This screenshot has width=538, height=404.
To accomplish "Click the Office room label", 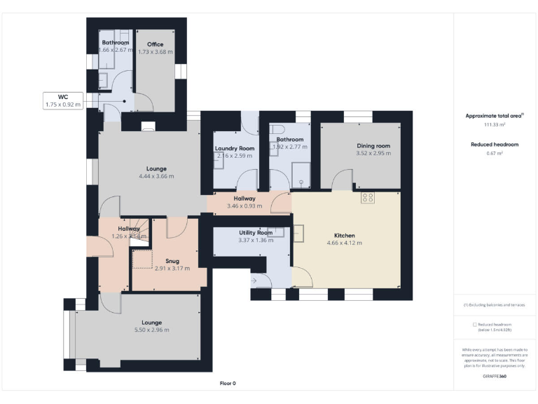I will [155, 44].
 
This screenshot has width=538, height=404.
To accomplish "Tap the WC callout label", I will [63, 97].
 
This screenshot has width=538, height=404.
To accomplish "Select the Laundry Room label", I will [234, 148].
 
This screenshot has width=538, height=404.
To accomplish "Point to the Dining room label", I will [373, 145].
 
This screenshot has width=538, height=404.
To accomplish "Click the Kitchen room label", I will [344, 235].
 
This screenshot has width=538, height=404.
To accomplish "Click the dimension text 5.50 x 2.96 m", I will [151, 330].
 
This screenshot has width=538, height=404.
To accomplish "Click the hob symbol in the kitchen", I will [368, 198].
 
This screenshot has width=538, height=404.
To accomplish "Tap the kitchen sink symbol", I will [300, 231].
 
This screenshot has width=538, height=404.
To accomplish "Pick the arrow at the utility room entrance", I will [254, 281].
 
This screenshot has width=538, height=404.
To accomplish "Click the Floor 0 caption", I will [228, 384].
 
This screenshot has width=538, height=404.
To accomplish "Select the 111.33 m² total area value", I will [495, 124].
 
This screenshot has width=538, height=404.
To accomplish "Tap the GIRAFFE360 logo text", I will [495, 377].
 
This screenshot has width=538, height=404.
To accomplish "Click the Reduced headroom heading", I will [495, 144].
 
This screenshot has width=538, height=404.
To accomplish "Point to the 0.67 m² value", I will [495, 153].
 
